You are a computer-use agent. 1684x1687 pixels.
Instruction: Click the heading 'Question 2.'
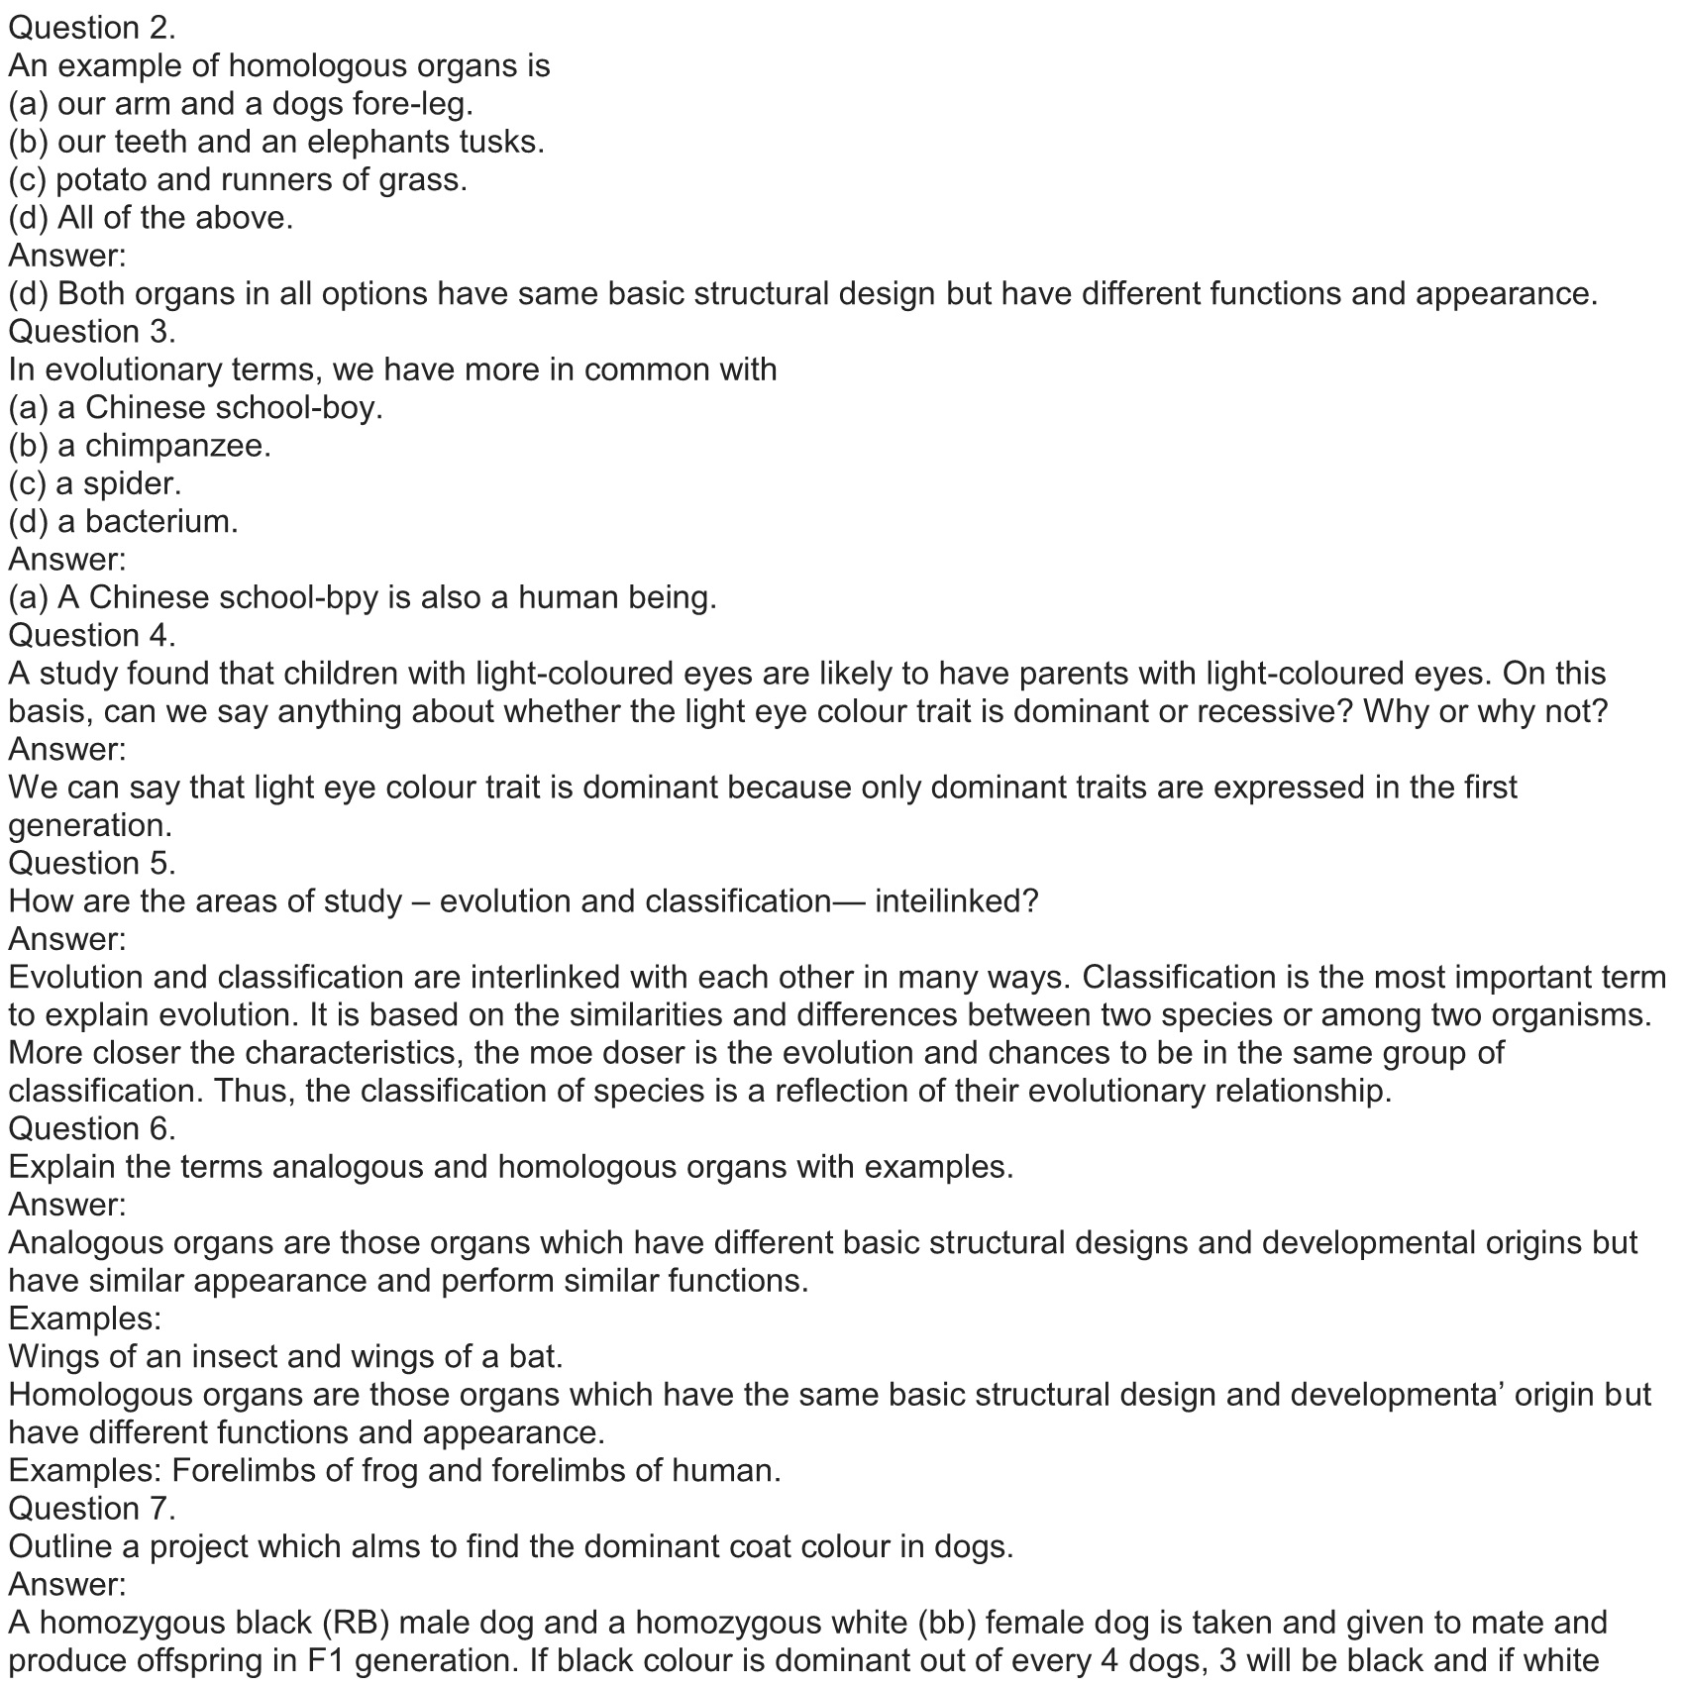(92, 28)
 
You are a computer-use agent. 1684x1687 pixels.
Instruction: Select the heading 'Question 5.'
(92, 863)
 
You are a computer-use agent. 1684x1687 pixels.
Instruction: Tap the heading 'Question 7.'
(92, 1508)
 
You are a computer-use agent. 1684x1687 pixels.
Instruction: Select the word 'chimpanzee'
(176, 446)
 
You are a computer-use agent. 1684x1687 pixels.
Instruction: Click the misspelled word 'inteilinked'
(955, 901)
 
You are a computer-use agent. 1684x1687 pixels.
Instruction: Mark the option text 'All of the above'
(174, 217)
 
